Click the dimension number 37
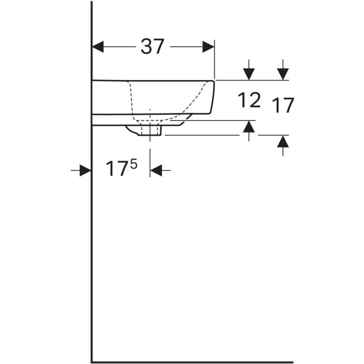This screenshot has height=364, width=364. (152, 46)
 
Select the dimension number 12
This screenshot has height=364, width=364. (249, 100)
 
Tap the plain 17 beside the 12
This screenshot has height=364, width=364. (283, 106)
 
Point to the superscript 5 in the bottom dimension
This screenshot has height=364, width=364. (133, 163)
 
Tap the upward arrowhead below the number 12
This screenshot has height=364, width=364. (249, 126)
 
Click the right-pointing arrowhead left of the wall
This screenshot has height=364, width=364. (85, 171)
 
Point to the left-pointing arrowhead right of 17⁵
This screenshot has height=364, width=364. (156, 171)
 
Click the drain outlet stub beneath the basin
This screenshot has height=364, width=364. (151, 131)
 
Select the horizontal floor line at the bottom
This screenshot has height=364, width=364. (191, 362)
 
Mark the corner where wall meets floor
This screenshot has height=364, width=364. (92, 362)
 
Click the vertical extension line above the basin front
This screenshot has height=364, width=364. (214, 59)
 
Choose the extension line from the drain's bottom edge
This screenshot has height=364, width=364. (200, 135)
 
